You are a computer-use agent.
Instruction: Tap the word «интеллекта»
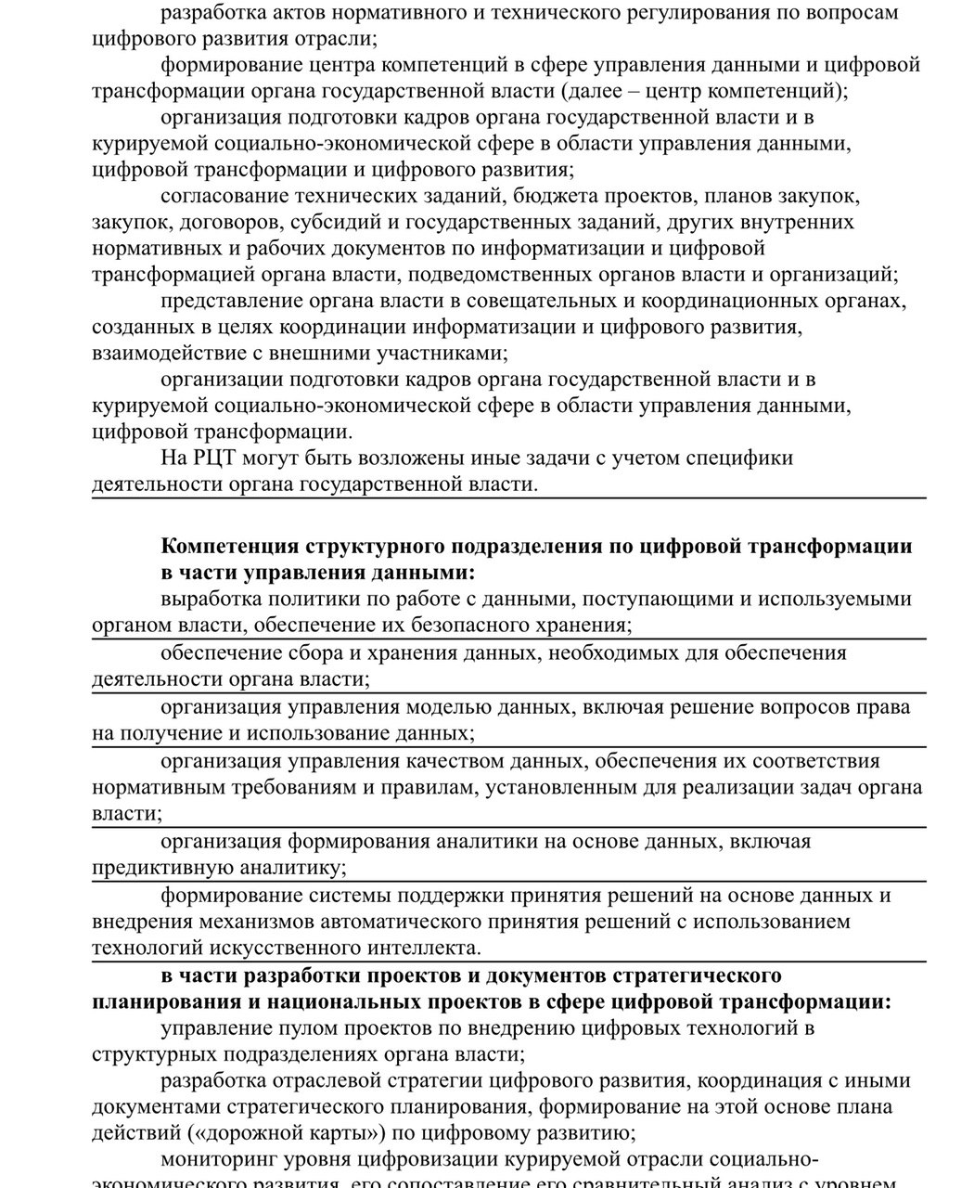click(x=422, y=949)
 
